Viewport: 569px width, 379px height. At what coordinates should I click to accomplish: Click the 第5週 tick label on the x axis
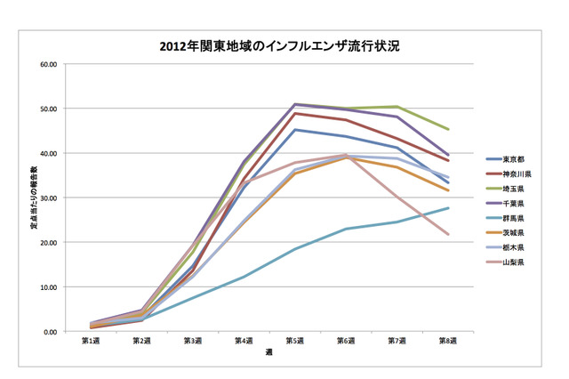point(295,341)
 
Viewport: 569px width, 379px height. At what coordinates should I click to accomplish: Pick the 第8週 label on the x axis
point(447,341)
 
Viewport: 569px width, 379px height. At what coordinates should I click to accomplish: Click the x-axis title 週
point(269,352)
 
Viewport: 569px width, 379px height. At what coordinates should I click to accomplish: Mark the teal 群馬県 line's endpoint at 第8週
point(448,208)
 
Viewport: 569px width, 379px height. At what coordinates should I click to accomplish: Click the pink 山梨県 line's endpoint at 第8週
point(448,235)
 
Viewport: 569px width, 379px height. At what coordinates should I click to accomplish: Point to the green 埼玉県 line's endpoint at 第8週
point(448,130)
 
